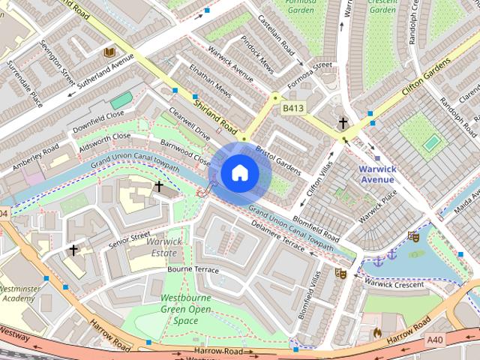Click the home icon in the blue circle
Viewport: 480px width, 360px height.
(x=238, y=172)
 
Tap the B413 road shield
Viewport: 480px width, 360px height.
(x=294, y=109)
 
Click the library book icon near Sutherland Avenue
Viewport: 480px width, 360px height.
(x=109, y=52)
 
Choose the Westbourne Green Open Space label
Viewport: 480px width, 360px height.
(x=185, y=310)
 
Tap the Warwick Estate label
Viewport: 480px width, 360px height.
(x=162, y=247)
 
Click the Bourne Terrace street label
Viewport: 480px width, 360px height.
(x=193, y=269)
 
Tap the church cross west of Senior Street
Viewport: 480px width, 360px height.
(x=73, y=249)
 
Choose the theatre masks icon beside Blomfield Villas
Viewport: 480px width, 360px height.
(x=340, y=273)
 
